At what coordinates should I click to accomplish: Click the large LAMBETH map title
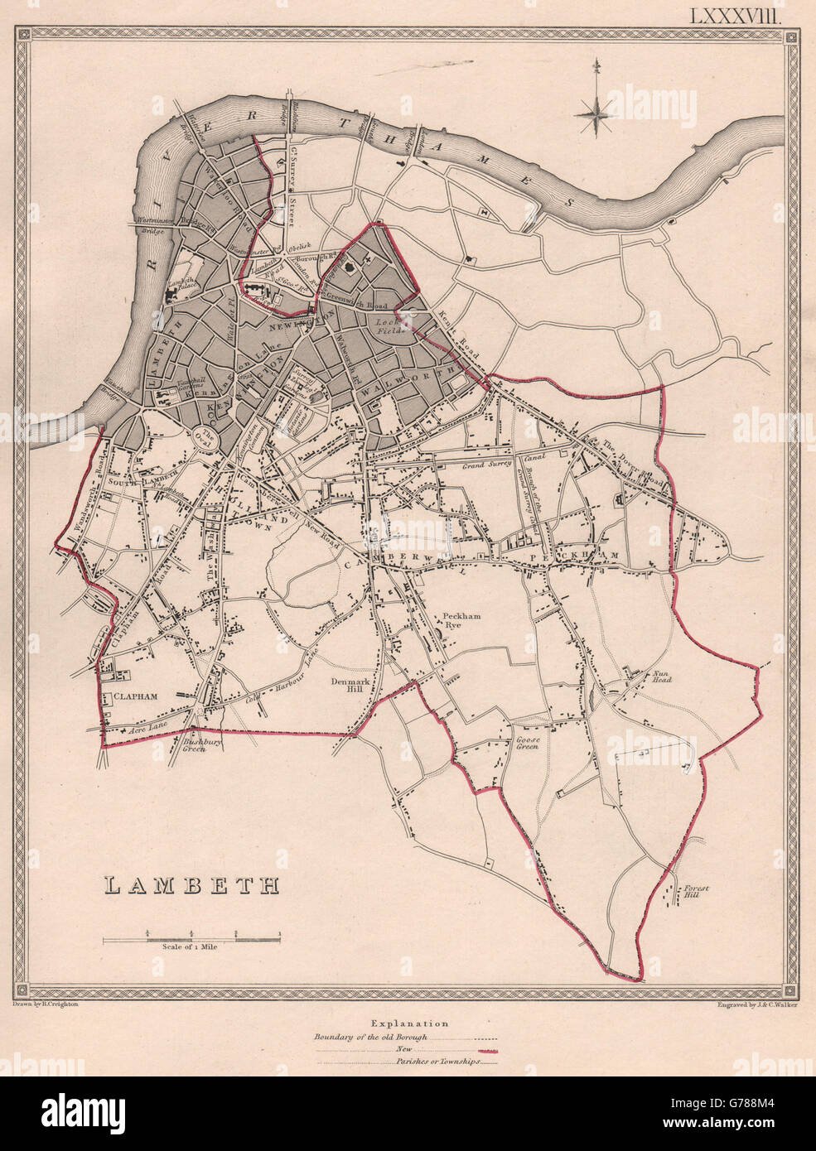pyautogui.click(x=191, y=884)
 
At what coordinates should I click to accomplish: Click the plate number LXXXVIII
pyautogui.click(x=741, y=12)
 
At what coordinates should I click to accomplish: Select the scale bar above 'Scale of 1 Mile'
pyautogui.click(x=191, y=939)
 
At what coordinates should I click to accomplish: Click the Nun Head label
pyautogui.click(x=660, y=677)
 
